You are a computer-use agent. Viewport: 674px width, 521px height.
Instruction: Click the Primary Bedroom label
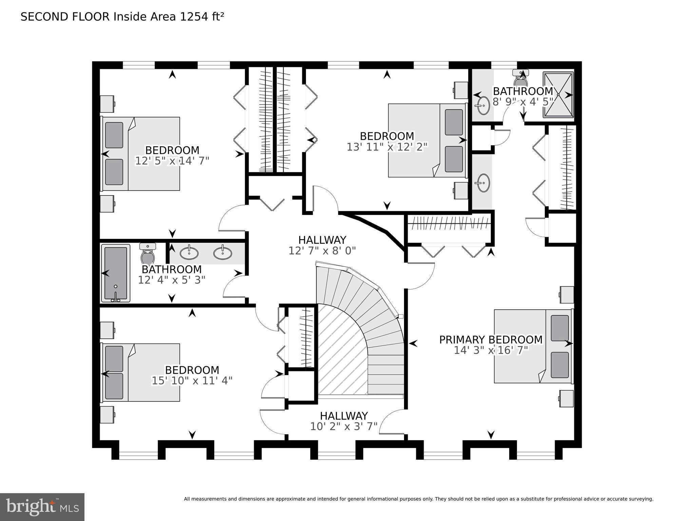pyautogui.click(x=490, y=339)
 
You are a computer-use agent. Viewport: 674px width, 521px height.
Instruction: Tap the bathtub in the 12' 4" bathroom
pyautogui.click(x=115, y=273)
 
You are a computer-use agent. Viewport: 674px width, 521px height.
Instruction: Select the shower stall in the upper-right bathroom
pyautogui.click(x=558, y=95)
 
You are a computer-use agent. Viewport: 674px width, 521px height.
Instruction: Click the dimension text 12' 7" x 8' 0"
pyautogui.click(x=322, y=251)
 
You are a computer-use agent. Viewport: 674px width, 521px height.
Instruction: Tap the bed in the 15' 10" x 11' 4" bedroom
pyautogui.click(x=141, y=372)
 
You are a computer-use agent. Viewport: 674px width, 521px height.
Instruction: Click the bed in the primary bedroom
pyautogui.click(x=533, y=346)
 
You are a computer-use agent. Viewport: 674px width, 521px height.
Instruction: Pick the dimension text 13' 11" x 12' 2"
pyautogui.click(x=387, y=147)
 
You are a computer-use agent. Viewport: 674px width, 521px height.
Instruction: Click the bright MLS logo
pyautogui.click(x=42, y=507)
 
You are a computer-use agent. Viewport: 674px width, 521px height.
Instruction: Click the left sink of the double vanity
pyautogui.click(x=189, y=253)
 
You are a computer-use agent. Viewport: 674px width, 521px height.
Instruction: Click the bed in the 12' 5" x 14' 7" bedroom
pyautogui.click(x=141, y=154)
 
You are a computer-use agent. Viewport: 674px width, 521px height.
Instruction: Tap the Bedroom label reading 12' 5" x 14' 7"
pyautogui.click(x=172, y=150)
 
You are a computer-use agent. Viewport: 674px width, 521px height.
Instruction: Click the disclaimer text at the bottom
pyautogui.click(x=418, y=499)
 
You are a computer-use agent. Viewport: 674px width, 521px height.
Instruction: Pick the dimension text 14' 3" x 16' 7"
pyautogui.click(x=491, y=350)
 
